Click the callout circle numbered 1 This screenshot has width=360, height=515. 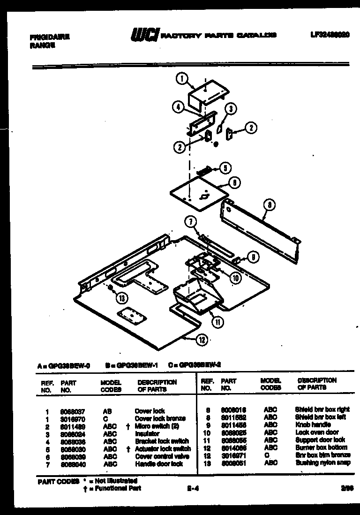[182, 79]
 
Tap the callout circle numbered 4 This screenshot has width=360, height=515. [178, 107]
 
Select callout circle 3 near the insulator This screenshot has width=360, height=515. [230, 109]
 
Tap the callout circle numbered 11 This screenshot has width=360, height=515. [217, 322]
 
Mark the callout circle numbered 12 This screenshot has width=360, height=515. [201, 341]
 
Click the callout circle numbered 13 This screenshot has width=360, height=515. [122, 297]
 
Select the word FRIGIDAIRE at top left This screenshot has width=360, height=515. [49, 37]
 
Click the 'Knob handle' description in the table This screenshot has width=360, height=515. [313, 424]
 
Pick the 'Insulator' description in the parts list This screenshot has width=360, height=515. [147, 434]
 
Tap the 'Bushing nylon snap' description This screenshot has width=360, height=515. [322, 462]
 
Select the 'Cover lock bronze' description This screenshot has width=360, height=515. [160, 418]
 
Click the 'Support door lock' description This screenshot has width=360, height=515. [320, 440]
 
